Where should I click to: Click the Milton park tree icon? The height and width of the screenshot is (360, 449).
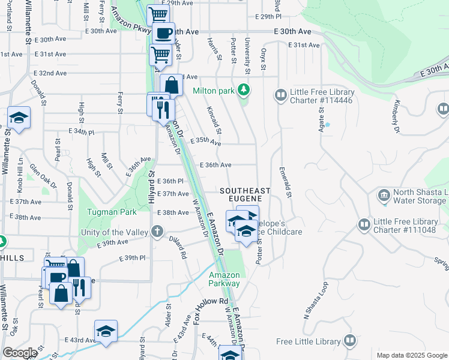coord(243,91)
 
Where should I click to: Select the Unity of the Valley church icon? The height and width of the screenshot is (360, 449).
coord(157,231)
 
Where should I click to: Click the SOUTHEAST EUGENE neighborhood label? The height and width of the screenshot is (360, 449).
coord(245,195)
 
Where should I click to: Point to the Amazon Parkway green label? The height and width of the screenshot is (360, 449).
coord(224,279)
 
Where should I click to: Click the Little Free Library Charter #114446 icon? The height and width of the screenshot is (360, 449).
coord(280,95)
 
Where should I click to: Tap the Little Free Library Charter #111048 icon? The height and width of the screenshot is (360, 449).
coord(364,225)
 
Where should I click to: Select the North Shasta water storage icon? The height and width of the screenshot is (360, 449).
coord(384,195)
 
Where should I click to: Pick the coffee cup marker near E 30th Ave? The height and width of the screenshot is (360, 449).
coord(163,33)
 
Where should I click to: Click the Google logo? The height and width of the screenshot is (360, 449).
coord(20,353)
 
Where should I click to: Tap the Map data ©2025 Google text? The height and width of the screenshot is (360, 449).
coord(411,355)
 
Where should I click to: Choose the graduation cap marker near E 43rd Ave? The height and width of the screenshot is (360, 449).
coord(106,331)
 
